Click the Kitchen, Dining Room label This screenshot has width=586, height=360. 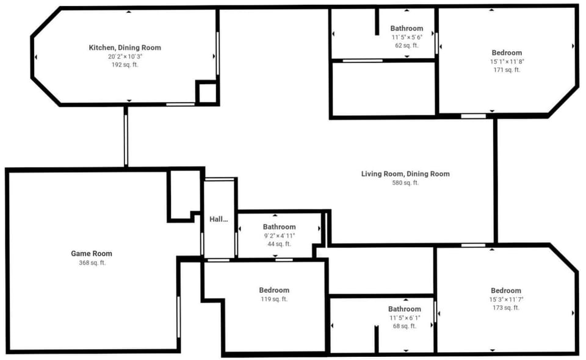(x=125, y=48)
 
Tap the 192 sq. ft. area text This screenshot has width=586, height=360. (x=125, y=65)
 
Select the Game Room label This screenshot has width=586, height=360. (x=92, y=254)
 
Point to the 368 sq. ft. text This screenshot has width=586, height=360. (x=92, y=263)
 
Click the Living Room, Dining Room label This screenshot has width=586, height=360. (x=405, y=174)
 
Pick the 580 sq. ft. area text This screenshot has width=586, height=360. (x=405, y=183)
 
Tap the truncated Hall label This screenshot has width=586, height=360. (x=219, y=219)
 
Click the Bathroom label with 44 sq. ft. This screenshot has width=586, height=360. (x=279, y=227)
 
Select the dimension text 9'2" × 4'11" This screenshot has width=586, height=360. (x=280, y=236)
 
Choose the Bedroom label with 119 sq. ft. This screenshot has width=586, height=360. (x=274, y=290)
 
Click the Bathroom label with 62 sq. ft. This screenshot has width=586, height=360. (x=407, y=29)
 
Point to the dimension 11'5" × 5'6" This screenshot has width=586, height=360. (x=407, y=37)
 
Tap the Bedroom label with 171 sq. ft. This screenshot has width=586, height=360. (x=507, y=52)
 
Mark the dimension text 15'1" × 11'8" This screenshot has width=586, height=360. (x=507, y=62)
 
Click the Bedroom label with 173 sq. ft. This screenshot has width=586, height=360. (x=506, y=290)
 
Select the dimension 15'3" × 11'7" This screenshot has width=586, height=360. (x=507, y=300)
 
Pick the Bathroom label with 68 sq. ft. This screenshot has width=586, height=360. (x=404, y=309)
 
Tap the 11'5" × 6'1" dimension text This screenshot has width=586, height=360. (x=405, y=318)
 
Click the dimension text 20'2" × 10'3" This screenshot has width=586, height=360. (x=125, y=57)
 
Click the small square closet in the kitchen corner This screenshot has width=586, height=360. (x=207, y=92)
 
